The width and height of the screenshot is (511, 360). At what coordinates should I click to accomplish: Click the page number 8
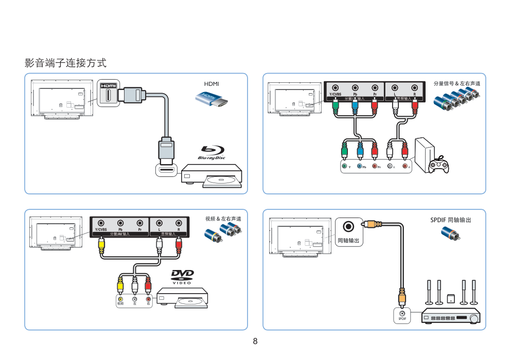[x=255, y=341]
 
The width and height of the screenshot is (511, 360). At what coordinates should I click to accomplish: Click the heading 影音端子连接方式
[x=66, y=63]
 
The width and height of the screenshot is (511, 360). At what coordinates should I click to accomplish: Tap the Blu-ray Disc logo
[x=212, y=153]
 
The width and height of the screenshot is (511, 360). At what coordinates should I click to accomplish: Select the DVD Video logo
[x=182, y=277]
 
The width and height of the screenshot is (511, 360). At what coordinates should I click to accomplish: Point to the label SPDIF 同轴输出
[x=450, y=220]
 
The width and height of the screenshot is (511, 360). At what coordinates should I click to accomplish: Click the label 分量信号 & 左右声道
[x=456, y=83]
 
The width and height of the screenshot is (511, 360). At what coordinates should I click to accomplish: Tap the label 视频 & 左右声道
[x=223, y=219]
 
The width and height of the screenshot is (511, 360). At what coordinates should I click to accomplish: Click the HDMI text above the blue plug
[x=212, y=83]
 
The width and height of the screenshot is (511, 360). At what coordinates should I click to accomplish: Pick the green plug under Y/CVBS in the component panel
[x=336, y=106]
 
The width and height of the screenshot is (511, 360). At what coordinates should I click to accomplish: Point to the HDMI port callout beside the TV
[x=108, y=94]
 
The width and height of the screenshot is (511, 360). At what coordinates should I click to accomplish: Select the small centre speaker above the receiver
[x=451, y=298]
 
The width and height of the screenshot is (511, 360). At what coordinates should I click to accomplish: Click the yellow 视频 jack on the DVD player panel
[x=120, y=299]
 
